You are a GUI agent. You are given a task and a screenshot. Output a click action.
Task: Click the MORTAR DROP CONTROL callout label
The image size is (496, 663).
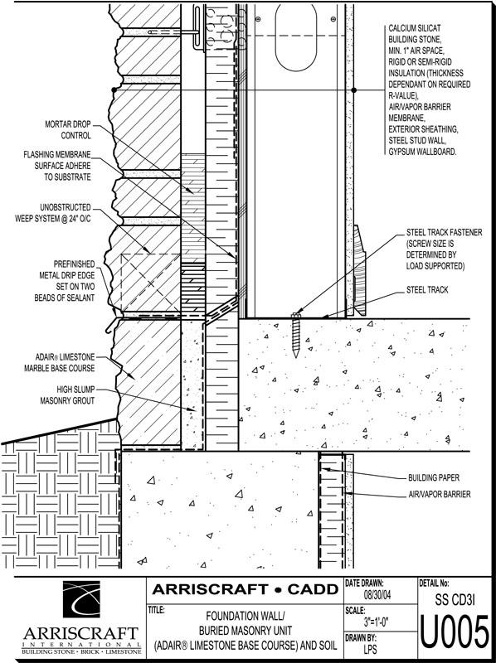pos(68,130)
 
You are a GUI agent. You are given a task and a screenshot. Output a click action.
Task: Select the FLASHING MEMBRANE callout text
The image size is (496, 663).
pos(57,166)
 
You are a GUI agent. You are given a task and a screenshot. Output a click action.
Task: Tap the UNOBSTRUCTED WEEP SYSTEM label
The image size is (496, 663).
pos(53,213)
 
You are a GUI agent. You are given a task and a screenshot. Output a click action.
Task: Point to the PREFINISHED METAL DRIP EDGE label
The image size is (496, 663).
pos(65,281)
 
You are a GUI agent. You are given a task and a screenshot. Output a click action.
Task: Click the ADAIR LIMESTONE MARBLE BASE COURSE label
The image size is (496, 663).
pos(59,362)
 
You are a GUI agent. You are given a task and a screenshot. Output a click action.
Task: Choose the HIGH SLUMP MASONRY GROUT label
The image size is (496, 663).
pos(67,395)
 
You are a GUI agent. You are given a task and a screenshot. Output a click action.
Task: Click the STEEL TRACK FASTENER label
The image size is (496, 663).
pos(444,249)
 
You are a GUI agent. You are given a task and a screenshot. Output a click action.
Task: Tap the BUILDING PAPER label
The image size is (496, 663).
pos(433,478)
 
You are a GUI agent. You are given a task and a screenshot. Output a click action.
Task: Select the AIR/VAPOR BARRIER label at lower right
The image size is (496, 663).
pos(440,494)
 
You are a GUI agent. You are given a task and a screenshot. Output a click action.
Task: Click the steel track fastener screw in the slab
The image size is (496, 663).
pos(295,335)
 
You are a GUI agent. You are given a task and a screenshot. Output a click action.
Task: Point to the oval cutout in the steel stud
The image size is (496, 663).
pos(296,37)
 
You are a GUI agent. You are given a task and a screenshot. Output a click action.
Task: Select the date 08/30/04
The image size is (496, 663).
pos(377,595)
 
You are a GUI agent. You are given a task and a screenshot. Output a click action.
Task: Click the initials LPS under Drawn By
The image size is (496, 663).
pos(370,649)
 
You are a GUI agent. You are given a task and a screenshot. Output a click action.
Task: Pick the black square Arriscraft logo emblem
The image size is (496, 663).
pos(81,599)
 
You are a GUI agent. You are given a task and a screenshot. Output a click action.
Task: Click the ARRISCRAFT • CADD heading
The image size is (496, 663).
pos(245,589)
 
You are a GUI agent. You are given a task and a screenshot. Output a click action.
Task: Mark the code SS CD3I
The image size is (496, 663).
pos(455,599)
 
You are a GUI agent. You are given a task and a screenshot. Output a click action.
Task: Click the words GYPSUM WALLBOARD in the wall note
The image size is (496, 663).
pos(422,152)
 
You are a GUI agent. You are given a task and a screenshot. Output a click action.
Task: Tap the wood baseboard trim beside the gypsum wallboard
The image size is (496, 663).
pos(360,270)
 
